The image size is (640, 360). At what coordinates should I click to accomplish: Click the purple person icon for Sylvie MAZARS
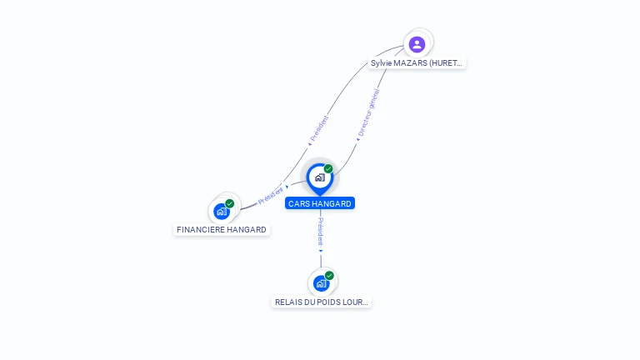[417, 44]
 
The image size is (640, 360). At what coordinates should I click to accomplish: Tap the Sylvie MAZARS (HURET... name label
[417, 62]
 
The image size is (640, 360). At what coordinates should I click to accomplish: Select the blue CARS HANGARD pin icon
[319, 177]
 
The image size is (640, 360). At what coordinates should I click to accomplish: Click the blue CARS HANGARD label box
[320, 203]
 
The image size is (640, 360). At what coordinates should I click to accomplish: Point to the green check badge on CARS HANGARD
[328, 169]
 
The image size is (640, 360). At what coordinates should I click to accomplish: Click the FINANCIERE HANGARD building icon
[222, 211]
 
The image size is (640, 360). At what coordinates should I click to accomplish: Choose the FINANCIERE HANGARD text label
[222, 229]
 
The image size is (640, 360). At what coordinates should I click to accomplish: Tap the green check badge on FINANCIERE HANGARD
[230, 203]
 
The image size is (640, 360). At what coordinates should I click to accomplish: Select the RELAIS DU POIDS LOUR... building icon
[321, 283]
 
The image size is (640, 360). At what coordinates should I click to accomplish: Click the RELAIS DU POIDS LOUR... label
[322, 302]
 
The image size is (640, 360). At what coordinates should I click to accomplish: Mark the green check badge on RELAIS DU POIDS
[329, 276]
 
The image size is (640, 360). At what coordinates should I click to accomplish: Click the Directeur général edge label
[368, 112]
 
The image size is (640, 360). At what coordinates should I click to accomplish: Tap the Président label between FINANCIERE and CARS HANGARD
[271, 195]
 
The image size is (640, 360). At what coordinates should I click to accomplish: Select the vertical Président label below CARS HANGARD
[321, 231]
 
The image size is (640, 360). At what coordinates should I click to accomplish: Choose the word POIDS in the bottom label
[328, 302]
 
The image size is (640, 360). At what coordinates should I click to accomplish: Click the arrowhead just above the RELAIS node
[321, 250]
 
